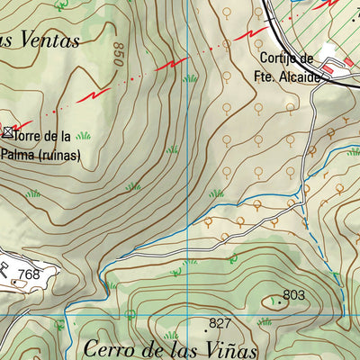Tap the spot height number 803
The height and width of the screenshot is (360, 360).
[294, 294]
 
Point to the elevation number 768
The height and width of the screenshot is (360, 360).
[30, 274]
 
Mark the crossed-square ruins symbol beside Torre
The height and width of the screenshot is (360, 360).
[8, 133]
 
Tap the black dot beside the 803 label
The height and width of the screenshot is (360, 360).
[278, 302]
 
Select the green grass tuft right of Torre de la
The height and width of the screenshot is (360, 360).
[84, 136]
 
